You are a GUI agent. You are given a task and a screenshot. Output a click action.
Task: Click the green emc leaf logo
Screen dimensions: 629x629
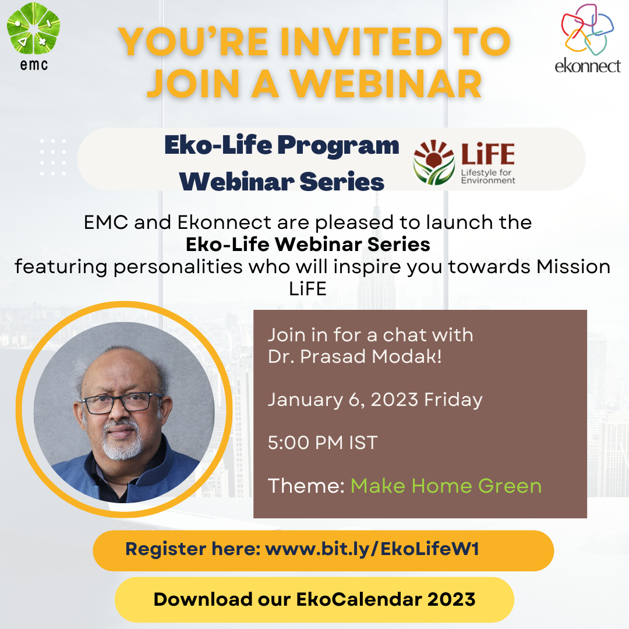coord(33,29)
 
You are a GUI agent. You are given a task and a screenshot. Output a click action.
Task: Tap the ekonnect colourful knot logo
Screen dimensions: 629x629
coord(587,29)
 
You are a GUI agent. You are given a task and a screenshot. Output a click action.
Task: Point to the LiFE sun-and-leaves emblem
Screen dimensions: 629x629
coord(434,162)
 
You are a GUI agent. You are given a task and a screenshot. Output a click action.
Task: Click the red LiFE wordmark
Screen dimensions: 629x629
coord(488,154)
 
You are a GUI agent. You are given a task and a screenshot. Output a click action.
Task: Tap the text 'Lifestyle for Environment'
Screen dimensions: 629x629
coord(488,176)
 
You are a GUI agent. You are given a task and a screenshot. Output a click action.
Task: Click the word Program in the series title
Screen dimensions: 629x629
coord(338,145)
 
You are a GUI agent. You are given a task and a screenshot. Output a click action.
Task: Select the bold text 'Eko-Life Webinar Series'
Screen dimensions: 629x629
coord(308,244)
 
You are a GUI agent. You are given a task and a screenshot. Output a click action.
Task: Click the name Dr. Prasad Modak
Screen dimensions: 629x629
coord(355,356)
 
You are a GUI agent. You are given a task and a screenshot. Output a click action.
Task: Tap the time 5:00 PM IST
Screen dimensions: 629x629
coord(323,443)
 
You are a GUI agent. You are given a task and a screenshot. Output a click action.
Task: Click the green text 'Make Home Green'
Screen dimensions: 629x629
coord(446,486)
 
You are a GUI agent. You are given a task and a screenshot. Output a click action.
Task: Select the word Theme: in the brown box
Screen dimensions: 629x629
coord(306,486)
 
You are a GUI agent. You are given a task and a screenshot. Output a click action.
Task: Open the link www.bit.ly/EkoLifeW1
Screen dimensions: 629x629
coord(372,549)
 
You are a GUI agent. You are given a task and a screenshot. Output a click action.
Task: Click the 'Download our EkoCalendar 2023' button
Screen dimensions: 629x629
coord(314,600)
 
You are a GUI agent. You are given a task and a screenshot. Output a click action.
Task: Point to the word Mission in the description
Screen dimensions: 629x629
coord(574,267)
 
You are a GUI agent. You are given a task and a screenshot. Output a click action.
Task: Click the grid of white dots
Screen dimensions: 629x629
coord(53,157)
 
